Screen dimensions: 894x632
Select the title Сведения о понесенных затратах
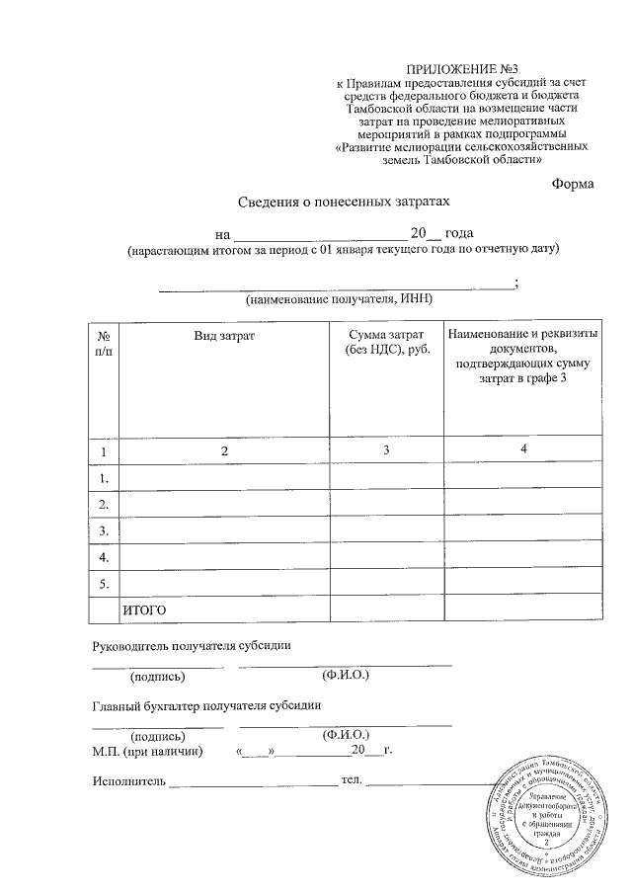344,202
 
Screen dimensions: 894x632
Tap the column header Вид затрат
224,337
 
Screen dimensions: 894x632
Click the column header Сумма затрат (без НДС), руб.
386,344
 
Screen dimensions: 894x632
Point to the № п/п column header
103,344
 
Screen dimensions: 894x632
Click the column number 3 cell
386,450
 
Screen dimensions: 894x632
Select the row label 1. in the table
103,478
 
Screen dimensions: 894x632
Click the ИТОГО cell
145,610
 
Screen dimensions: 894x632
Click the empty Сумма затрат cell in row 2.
386,505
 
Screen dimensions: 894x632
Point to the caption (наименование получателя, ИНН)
339,298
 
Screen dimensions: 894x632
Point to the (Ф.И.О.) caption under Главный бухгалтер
346,735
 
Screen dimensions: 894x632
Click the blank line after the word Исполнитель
253,783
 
